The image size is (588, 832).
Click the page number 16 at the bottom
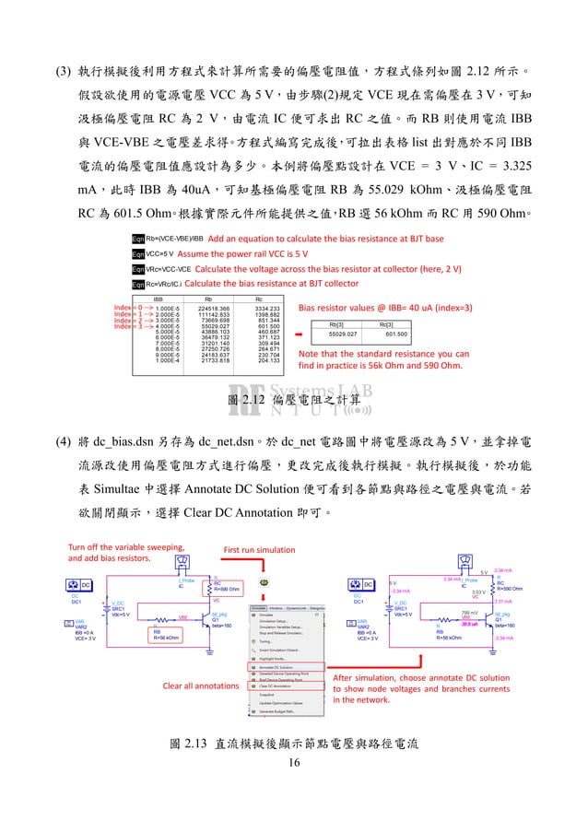tap(294, 762)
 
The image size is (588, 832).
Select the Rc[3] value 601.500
tap(396, 334)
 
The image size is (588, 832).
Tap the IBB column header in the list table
tap(160, 299)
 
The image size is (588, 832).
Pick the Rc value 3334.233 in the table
tap(266, 308)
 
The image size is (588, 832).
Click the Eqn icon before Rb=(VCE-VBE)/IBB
tap(138, 239)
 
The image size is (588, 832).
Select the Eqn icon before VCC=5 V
tap(138, 253)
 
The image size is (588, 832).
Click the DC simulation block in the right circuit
tap(368, 584)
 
